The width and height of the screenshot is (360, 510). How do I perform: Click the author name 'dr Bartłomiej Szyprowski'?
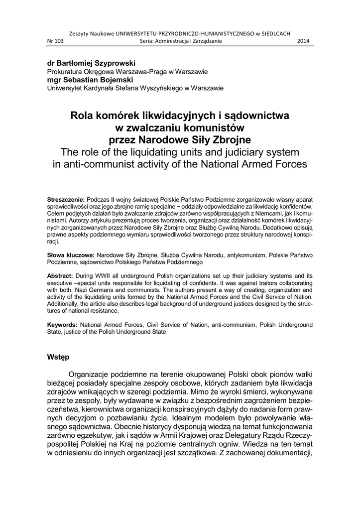coord(91,64)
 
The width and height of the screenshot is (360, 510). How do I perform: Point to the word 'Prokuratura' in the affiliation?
coord(67,72)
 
